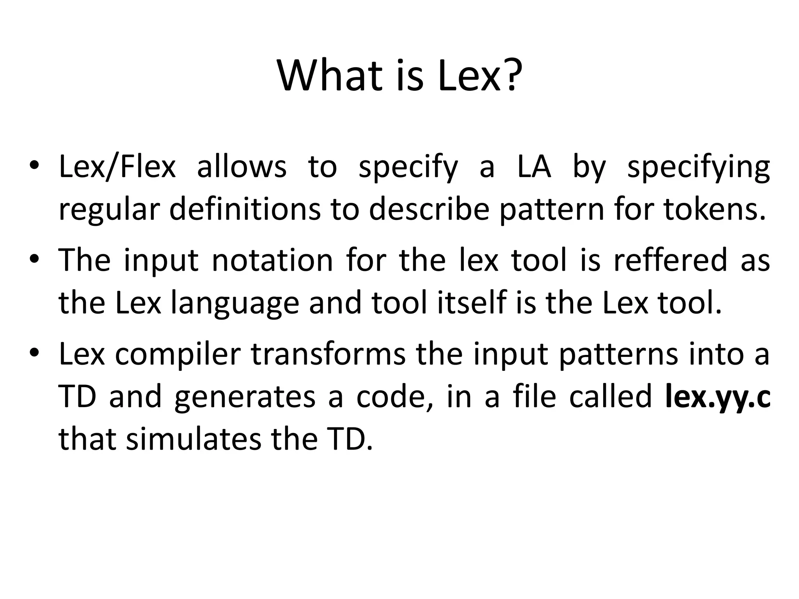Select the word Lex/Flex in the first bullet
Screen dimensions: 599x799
[x=117, y=167]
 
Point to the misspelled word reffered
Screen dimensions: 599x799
[x=670, y=261]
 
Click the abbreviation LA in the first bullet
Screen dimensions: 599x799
[x=534, y=167]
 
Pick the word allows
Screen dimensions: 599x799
[x=241, y=167]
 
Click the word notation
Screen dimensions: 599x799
[x=272, y=261]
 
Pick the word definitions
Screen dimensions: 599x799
[x=245, y=209]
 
